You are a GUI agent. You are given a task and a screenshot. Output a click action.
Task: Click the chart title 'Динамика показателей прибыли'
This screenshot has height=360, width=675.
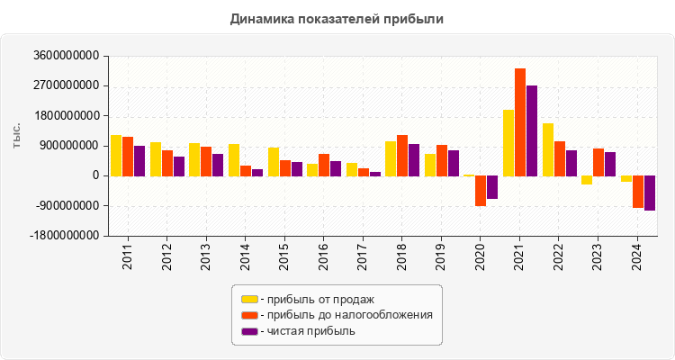pyautogui.click(x=337, y=18)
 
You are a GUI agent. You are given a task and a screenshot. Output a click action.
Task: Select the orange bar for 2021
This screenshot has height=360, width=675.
pyautogui.click(x=520, y=121)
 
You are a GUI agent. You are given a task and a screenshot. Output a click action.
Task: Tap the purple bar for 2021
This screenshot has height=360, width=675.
pyautogui.click(x=532, y=130)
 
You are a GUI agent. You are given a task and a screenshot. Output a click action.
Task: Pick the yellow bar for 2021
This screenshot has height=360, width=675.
pyautogui.click(x=508, y=142)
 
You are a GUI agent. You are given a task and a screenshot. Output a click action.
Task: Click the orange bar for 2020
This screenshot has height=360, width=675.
pyautogui.click(x=481, y=191)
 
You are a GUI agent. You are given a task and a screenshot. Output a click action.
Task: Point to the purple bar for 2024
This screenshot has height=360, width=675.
pyautogui.click(x=649, y=193)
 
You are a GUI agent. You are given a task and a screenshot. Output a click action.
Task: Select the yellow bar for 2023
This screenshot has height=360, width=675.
pyautogui.click(x=587, y=180)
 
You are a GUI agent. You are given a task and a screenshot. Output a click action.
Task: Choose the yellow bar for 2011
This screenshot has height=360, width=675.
pyautogui.click(x=116, y=155)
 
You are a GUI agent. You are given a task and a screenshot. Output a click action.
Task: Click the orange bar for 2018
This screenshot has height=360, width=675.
pyautogui.click(x=402, y=155)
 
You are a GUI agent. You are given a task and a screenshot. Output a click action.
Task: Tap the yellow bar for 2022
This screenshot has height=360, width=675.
pyautogui.click(x=548, y=149)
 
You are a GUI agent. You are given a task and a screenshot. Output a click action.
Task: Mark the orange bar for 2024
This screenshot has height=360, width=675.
pyautogui.click(x=637, y=192)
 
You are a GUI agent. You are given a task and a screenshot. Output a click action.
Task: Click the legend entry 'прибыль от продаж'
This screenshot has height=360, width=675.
pyautogui.click(x=316, y=299)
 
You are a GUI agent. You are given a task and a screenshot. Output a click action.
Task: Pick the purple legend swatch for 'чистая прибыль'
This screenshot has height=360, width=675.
pyautogui.click(x=249, y=331)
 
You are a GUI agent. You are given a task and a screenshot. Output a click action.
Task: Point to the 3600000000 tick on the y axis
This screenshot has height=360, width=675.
pyautogui.click(x=65, y=56)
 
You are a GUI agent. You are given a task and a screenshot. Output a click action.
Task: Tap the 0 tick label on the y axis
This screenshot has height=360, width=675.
pyautogui.click(x=94, y=175)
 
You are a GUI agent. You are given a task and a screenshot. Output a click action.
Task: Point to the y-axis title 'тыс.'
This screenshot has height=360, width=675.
pyautogui.click(x=16, y=137)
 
